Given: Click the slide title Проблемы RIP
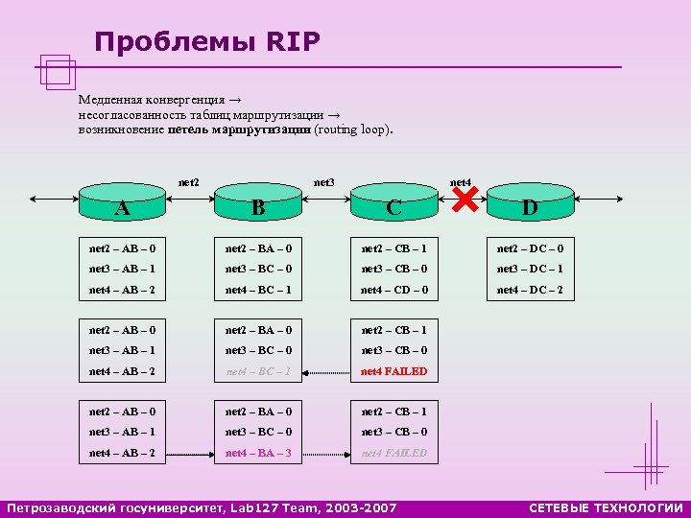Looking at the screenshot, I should (207, 42).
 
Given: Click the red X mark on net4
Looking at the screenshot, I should (465, 202).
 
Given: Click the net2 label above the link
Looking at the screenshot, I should (189, 181).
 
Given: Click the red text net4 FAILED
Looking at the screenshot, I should (394, 371).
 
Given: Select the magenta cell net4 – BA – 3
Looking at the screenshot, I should (259, 453).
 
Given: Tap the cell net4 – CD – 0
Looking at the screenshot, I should (394, 290).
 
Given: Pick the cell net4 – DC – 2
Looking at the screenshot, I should (530, 290).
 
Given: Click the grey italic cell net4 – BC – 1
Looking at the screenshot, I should (259, 371).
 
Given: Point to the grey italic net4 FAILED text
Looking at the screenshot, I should (394, 453).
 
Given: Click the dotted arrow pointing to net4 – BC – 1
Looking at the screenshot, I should (327, 371).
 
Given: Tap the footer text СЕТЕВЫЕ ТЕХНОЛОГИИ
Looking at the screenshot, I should (606, 507).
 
